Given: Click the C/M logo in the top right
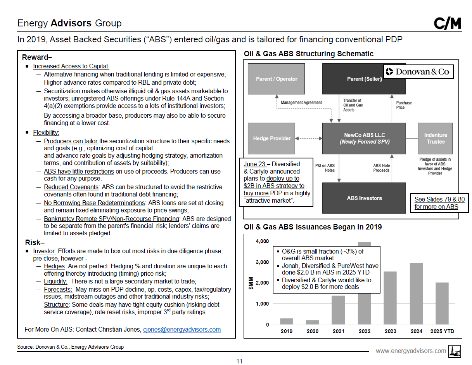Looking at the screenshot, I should pos(447,24).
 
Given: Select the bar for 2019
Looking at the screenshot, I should pos(287,322).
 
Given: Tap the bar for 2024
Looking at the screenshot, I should pos(416,294).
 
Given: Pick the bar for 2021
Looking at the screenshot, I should pos(338,310).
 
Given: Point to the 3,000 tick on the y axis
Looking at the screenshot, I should pos(262,262).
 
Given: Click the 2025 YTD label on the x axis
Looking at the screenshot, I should pos(442,331).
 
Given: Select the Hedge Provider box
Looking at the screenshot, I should pos(271,138).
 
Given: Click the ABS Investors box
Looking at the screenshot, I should pos(364,198).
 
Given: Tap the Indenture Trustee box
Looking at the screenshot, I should pos(436,138).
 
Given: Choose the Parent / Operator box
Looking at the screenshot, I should pos(277,79).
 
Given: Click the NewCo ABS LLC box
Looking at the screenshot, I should pos(364,138).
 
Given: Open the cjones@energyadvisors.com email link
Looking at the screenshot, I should pos(182,329).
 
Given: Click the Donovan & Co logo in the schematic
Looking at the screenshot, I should pos(418,71).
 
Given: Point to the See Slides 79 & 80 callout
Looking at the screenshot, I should pos(439,203).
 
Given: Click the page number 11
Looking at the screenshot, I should pos(239,361).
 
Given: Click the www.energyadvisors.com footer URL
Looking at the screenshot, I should pos(411,351).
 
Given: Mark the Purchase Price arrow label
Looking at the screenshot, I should pos(404,105).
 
